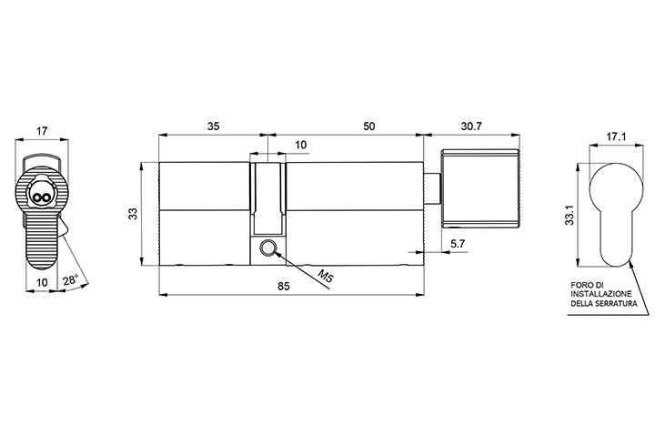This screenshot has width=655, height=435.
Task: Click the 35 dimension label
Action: point(213,126)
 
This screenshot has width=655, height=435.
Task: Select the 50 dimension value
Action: point(368,126)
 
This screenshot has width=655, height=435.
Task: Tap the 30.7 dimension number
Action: point(471,126)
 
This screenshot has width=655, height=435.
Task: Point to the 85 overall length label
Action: point(284,287)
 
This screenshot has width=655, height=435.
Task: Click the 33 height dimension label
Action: point(133,214)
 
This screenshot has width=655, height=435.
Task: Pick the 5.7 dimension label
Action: point(458,244)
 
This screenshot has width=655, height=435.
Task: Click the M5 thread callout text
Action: point(326,276)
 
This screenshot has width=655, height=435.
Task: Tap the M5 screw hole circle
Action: point(267,248)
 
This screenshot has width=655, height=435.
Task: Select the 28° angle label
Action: point(71,280)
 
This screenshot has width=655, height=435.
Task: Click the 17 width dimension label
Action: point(41,131)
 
